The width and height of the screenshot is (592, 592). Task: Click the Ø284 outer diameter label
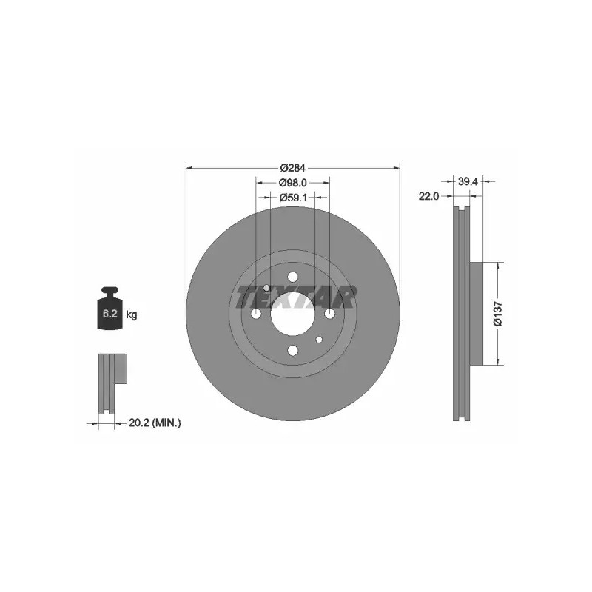(292, 168)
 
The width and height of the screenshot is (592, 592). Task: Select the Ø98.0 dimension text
(292, 183)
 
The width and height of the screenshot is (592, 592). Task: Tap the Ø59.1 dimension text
(293, 198)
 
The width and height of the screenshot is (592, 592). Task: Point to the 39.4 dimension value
(468, 181)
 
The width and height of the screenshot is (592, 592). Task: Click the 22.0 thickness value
(429, 196)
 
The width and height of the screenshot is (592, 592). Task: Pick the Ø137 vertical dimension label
(498, 313)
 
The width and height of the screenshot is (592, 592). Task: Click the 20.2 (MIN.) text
(155, 423)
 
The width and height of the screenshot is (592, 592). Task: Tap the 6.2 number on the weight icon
(110, 313)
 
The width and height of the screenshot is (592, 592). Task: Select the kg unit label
(132, 314)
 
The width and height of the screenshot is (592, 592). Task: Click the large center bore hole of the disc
(292, 314)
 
